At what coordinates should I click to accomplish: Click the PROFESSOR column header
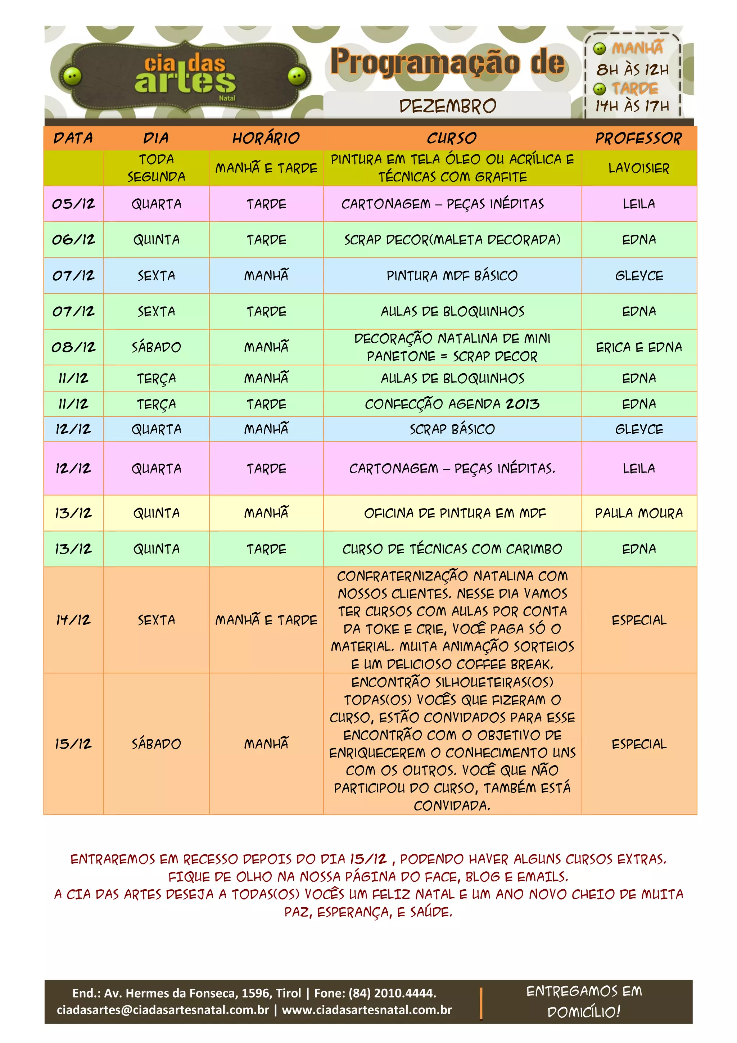[x=638, y=138]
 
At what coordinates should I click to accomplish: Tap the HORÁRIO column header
[x=266, y=138]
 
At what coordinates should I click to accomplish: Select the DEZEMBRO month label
[x=447, y=106]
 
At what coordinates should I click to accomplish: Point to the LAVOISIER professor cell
[x=638, y=168]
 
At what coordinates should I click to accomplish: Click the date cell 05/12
[x=73, y=203]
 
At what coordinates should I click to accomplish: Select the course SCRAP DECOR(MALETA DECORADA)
[x=452, y=239]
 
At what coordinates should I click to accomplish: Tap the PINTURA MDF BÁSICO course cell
[x=452, y=275]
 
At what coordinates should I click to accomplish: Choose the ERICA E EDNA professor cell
[x=638, y=347]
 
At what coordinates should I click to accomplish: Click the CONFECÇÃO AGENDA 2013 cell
[x=452, y=404]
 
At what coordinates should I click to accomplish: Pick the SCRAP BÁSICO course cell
[x=452, y=429]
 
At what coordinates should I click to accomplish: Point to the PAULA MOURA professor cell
[x=638, y=513]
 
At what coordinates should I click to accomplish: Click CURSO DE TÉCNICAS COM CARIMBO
[x=452, y=549]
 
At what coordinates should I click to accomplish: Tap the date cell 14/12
[x=73, y=620]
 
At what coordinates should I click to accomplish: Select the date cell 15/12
[x=73, y=743]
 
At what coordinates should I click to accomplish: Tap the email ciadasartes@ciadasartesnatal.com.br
[x=163, y=1010]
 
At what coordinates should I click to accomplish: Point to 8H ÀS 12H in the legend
[x=632, y=69]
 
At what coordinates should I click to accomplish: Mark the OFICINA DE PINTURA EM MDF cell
[x=455, y=513]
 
